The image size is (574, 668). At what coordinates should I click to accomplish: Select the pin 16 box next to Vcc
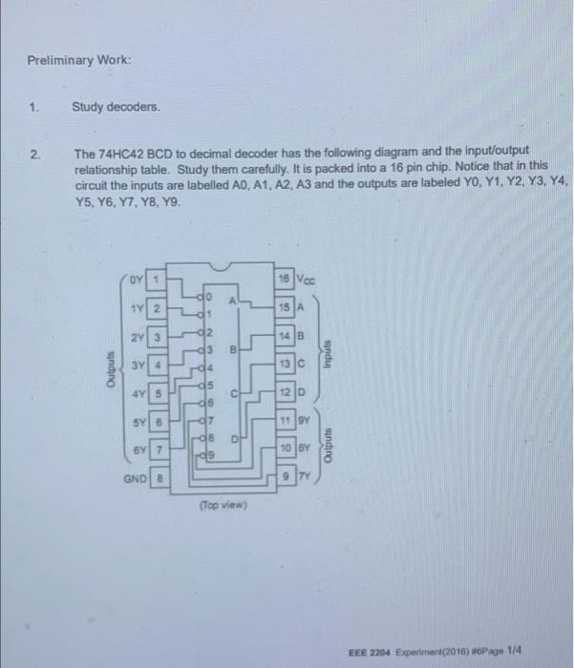click(284, 279)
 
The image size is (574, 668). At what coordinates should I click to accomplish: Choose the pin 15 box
click(284, 308)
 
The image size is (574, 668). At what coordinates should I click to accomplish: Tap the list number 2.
click(34, 151)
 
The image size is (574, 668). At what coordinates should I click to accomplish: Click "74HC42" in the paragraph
click(116, 151)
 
